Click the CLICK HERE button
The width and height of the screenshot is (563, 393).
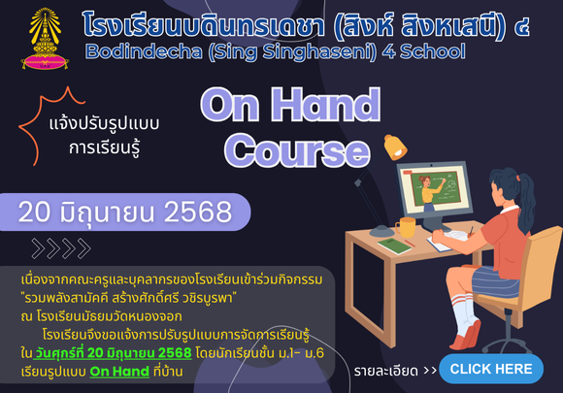(x=491, y=369)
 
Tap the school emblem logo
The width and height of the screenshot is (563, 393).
(x=45, y=39)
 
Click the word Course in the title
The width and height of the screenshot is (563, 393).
(x=297, y=150)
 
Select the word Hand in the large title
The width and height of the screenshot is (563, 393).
(x=325, y=104)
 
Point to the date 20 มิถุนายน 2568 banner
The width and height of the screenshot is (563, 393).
(x=124, y=212)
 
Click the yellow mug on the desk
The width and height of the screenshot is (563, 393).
(x=406, y=227)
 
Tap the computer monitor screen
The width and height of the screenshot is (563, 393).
(x=435, y=189)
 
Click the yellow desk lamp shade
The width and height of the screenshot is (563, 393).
(x=395, y=147)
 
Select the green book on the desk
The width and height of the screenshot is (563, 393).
(x=394, y=246)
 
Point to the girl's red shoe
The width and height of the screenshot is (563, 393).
(x=468, y=337)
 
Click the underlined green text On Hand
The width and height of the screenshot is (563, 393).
(x=119, y=371)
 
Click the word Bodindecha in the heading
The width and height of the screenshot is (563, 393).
(x=144, y=51)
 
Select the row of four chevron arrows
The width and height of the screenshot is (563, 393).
(x=61, y=248)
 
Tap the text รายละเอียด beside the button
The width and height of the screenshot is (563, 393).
(x=386, y=371)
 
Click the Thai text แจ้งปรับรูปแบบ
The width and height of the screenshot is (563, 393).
(x=104, y=124)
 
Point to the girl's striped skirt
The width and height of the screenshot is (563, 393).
(x=495, y=281)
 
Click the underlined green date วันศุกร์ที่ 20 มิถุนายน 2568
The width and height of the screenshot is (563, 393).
(x=113, y=353)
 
